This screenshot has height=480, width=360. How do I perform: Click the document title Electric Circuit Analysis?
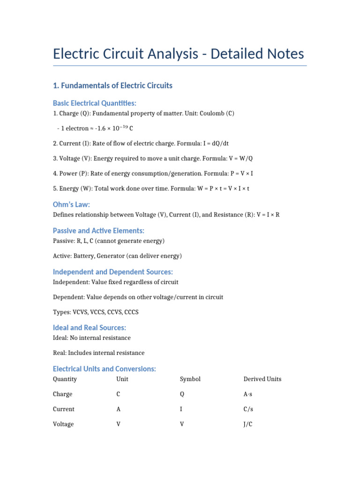pos(178,54)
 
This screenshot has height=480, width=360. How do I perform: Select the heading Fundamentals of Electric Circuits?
pos(112,85)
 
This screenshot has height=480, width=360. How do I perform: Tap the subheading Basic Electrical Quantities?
pos(94,103)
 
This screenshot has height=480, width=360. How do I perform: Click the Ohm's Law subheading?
pos(71,204)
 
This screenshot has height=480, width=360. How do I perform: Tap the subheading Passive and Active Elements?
pos(98,231)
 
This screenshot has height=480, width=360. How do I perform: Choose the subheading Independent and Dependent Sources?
pos(112,272)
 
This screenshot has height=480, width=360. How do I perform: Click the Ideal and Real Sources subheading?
pos(89,328)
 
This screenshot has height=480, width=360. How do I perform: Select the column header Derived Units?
pos(262,379)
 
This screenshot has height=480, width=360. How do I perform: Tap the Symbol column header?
pos(190,379)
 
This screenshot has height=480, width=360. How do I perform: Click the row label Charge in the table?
pos(62,394)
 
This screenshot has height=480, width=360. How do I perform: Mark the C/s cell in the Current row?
pos(248,409)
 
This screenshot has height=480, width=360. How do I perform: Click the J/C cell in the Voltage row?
pos(248,424)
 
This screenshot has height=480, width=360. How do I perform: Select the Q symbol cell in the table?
pos(182,394)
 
